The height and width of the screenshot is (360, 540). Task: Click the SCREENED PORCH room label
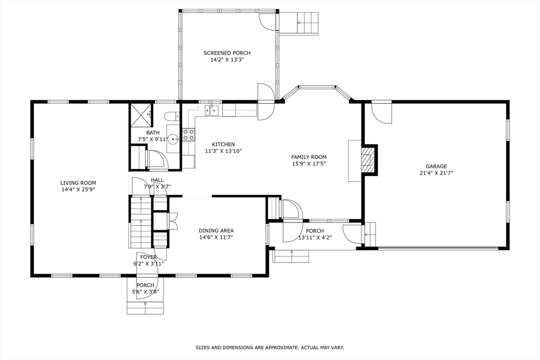point(227,53)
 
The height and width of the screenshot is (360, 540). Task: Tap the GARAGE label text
point(436,166)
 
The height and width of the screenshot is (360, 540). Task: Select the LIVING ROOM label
point(78,183)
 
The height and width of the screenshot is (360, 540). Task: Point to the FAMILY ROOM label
point(309,157)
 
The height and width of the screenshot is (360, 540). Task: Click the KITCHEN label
point(223,144)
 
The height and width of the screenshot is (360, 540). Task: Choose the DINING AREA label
point(216,230)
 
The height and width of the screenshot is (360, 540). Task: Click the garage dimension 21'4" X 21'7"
point(436,173)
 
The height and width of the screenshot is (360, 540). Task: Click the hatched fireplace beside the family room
point(367,160)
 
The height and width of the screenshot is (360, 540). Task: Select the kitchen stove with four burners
point(188,134)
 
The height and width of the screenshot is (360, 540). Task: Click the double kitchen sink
point(213,110)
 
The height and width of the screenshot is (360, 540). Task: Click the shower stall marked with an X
point(141,115)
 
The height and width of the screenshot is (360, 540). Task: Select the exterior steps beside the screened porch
point(300,23)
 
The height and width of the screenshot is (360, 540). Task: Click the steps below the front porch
point(145,308)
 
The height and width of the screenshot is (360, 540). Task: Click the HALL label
point(157,180)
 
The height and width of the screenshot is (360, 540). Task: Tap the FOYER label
point(148,257)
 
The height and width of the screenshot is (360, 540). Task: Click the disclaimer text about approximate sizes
point(270,347)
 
